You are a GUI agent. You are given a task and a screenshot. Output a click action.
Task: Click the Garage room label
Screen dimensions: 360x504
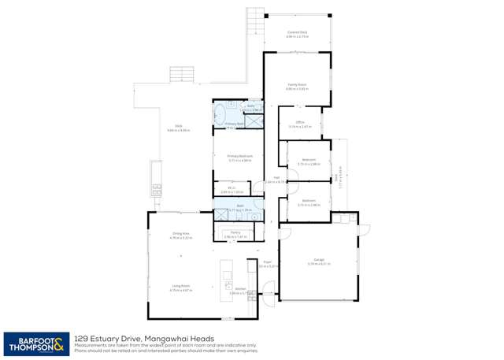[x=319, y=259]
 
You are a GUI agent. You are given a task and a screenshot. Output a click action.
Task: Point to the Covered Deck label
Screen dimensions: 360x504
[x=296, y=32]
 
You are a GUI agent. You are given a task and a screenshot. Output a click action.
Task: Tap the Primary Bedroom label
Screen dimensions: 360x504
[x=239, y=156]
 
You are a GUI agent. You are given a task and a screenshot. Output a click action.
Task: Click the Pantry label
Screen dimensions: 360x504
[x=235, y=232]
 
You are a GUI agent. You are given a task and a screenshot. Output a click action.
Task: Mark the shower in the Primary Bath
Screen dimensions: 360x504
[x=253, y=121]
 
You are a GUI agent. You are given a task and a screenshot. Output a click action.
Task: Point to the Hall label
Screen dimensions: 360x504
[x=276, y=178]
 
